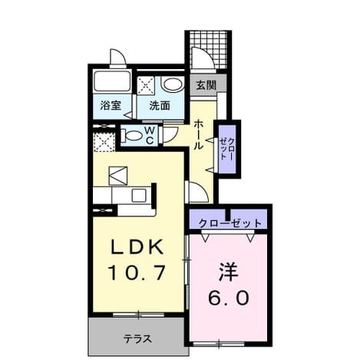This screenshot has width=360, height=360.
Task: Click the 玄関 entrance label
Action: click(x=206, y=85)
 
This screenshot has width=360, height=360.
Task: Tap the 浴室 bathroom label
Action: click(x=111, y=105)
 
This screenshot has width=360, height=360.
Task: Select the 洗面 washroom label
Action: click(x=160, y=105)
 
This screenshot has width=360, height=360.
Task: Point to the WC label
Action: click(x=150, y=136)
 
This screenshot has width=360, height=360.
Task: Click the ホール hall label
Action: click(x=199, y=135)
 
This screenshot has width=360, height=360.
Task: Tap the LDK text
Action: click(x=137, y=247)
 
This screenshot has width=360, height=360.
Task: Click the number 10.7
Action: click(x=137, y=272)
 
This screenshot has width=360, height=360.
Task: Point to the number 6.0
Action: click(x=229, y=298)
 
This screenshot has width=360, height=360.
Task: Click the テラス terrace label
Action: click(x=137, y=339)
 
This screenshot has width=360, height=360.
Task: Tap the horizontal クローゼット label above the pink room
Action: click(x=230, y=223)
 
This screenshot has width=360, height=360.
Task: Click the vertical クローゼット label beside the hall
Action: click(x=226, y=149)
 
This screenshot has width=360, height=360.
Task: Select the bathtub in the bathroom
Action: click(x=112, y=81)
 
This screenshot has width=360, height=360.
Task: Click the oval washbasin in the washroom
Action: click(x=173, y=84)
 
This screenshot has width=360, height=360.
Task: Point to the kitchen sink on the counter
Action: click(x=140, y=196)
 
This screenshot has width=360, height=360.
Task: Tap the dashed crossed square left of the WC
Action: click(x=104, y=142)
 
